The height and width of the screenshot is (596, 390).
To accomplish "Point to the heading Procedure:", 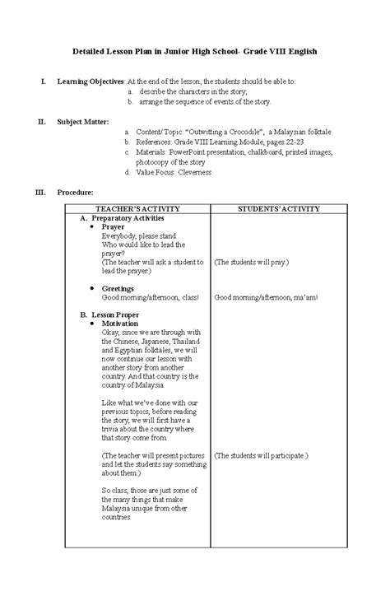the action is click(x=75, y=192).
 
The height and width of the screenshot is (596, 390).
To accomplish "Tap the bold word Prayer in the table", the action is click(x=113, y=226).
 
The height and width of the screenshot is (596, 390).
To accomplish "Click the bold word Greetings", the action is click(x=118, y=289).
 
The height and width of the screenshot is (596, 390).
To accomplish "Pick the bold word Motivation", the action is click(x=120, y=324).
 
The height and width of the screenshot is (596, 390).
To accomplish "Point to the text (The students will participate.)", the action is click(x=261, y=454).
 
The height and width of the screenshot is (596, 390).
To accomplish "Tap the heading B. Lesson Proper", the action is click(x=110, y=315).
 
